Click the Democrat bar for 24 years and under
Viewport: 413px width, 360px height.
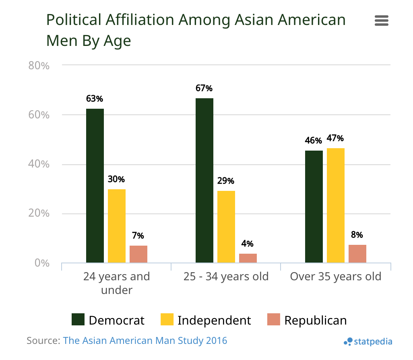[95, 186]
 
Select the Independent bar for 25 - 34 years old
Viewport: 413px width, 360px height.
[226, 227]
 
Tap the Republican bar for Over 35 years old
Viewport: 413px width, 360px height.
[357, 254]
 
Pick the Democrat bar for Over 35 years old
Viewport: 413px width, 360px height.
[314, 207]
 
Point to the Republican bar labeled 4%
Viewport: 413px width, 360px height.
[248, 258]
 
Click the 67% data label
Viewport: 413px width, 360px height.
[204, 88]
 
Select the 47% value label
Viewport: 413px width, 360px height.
[335, 138]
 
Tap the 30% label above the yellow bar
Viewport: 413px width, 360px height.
[116, 179]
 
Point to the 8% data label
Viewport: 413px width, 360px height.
[357, 235]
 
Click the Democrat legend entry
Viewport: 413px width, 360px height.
[108, 320]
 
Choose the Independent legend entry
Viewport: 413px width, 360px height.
[206, 320]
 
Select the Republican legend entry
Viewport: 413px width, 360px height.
[307, 320]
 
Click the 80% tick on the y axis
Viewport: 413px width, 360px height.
[39, 65]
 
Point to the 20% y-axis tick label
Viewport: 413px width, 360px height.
[39, 213]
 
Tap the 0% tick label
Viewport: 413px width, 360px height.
[42, 263]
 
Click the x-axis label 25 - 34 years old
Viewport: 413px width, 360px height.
[226, 277]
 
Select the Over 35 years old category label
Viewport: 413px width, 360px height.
[335, 277]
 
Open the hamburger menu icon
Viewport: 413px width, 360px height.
[381, 21]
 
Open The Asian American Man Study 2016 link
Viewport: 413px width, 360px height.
[145, 341]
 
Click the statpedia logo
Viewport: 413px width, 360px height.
[368, 342]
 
